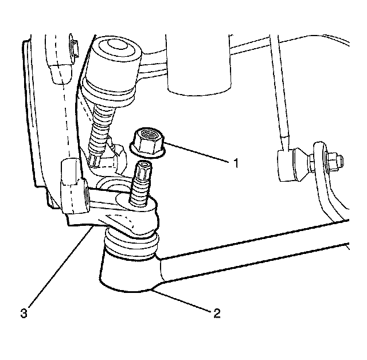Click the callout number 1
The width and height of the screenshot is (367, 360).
pos(235,163)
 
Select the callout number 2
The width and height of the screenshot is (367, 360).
pos(216,313)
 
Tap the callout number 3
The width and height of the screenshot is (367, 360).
pos(23,313)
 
